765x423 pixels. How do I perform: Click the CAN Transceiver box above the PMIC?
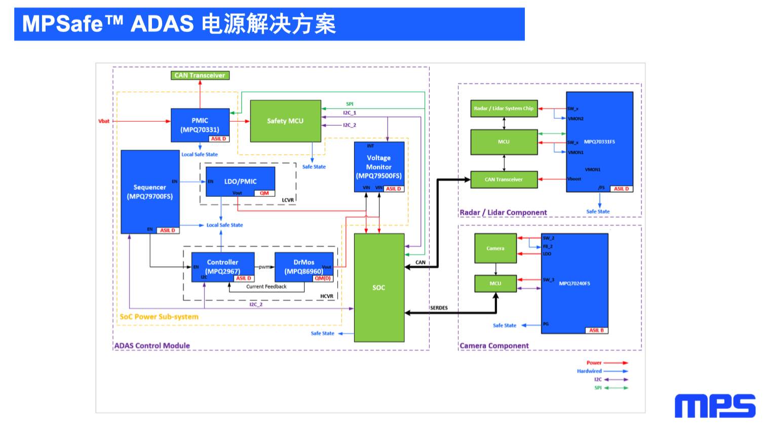click(x=200, y=76)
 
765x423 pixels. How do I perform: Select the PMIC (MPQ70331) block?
click(x=200, y=125)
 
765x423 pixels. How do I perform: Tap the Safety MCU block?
click(x=285, y=121)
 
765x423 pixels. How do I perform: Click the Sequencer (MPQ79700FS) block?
click(x=149, y=192)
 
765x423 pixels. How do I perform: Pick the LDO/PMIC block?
click(x=240, y=181)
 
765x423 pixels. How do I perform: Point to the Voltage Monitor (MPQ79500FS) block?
click(x=379, y=166)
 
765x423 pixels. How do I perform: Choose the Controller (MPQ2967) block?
click(x=222, y=267)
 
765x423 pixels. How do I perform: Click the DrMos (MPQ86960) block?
click(x=303, y=267)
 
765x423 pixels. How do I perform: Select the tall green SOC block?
click(x=379, y=287)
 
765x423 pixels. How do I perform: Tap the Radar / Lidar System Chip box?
click(x=504, y=109)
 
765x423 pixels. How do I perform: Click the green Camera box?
click(x=495, y=249)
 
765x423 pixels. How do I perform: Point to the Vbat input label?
click(x=104, y=121)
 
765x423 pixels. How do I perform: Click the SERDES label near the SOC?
click(x=439, y=308)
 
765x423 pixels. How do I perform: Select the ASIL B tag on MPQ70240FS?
click(x=596, y=330)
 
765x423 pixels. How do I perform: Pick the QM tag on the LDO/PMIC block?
click(x=264, y=193)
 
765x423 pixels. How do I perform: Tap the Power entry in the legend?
click(x=594, y=363)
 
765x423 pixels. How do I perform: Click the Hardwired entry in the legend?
click(x=589, y=371)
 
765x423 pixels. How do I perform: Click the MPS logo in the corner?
click(x=715, y=406)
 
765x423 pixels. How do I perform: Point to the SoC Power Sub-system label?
click(x=159, y=317)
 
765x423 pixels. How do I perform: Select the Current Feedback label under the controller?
click(x=266, y=287)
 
